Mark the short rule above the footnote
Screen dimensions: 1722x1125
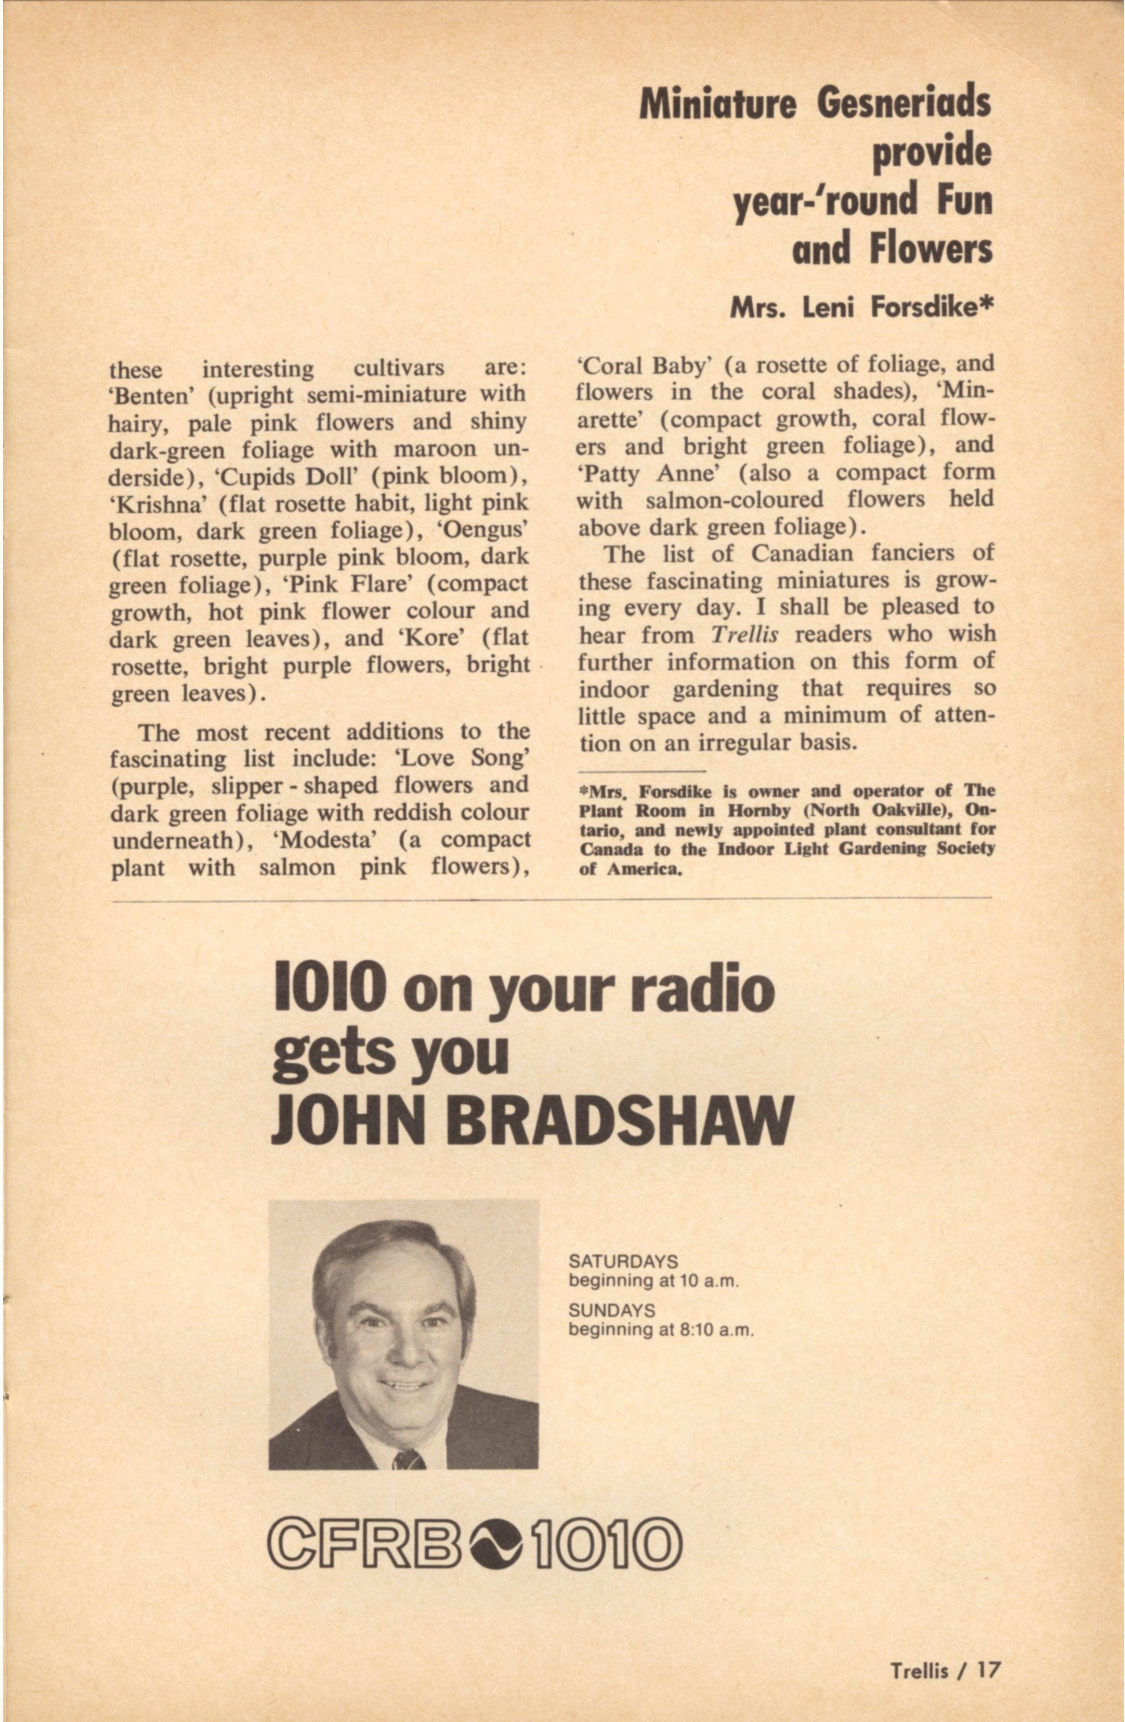pos(642,771)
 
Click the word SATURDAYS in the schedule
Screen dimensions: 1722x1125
pos(623,1261)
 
